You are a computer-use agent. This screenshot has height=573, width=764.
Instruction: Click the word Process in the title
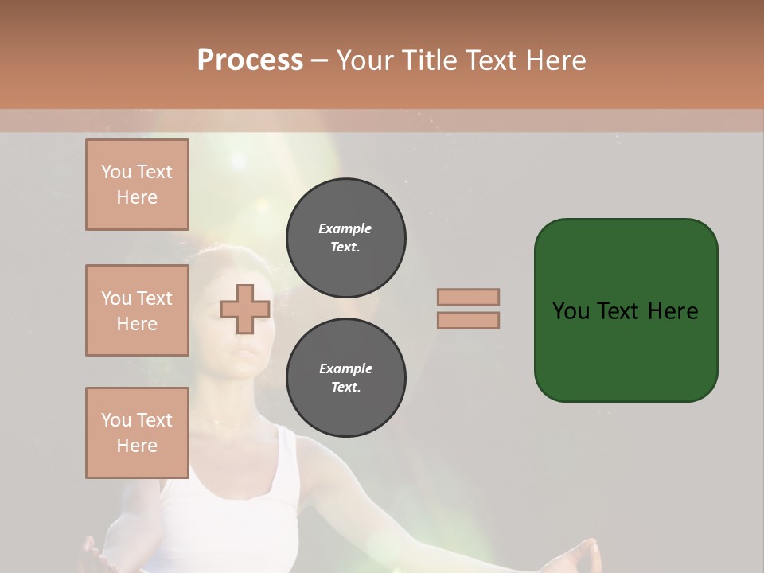[x=250, y=60]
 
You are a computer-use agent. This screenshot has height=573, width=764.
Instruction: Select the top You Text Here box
[x=137, y=185]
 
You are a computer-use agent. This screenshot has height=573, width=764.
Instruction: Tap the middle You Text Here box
[x=137, y=310]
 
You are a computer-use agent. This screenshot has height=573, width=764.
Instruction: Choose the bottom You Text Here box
[x=137, y=433]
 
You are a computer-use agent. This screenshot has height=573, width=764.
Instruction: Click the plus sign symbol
[x=245, y=309]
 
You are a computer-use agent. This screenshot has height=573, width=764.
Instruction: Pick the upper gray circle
[x=345, y=238]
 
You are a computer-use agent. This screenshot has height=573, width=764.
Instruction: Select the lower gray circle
[x=345, y=378]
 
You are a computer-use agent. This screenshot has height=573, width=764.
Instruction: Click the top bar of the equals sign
[x=468, y=297]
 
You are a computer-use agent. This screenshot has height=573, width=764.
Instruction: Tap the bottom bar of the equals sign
[x=468, y=320]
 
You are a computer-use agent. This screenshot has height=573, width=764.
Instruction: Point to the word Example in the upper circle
[x=345, y=228]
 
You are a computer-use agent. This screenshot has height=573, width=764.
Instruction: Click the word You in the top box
[x=116, y=172]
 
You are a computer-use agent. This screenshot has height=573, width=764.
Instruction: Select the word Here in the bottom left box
[x=137, y=446]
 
